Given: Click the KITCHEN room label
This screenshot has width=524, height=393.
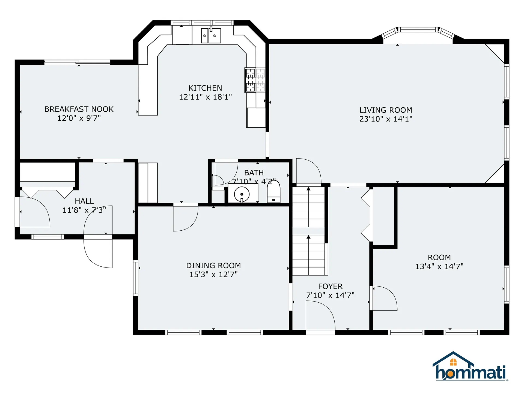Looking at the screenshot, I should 205,88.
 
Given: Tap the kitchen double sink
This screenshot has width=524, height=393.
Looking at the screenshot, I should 211,36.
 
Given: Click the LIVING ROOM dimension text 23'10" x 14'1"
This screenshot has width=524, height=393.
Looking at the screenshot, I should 386,119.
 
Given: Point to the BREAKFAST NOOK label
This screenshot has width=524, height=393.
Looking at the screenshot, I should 79,109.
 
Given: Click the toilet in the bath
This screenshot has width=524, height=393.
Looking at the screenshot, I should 273,192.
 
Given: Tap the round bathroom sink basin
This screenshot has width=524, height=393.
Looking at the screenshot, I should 242,194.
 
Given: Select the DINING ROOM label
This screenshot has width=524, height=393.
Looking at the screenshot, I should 213,266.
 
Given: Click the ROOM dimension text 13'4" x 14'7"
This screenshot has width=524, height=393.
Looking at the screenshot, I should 439,266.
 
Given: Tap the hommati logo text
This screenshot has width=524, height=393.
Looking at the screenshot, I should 471,373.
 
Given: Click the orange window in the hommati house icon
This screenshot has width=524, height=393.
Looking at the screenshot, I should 453,362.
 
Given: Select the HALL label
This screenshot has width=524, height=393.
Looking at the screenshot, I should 84,201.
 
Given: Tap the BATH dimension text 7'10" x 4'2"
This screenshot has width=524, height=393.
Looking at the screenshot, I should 254,181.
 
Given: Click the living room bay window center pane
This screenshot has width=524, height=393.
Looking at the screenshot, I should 418,29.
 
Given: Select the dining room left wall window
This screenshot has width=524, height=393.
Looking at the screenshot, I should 136,278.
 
